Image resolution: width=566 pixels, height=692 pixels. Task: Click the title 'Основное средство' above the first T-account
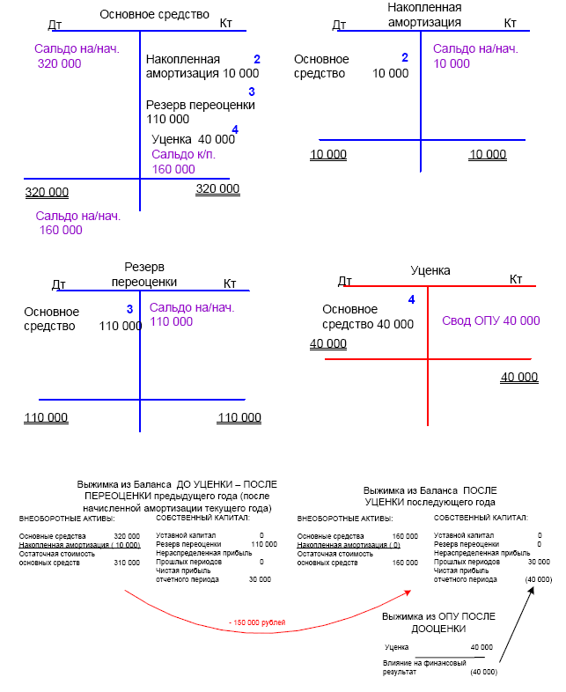point(155,14)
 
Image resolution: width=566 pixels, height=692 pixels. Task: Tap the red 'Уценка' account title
point(430,271)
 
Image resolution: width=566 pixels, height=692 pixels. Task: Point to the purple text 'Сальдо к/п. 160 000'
point(183,161)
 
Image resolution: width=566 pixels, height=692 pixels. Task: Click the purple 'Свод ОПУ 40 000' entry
point(490,321)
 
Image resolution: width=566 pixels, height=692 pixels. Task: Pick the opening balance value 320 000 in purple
point(60,63)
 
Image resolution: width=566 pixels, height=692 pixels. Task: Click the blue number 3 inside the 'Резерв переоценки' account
point(129,309)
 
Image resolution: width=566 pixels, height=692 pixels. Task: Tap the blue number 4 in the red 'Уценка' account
point(410,300)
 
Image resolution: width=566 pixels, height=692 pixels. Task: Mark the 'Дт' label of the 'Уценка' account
point(345,281)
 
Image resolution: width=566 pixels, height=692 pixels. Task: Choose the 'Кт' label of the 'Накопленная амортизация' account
point(510,23)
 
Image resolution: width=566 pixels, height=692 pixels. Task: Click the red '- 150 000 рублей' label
point(257,622)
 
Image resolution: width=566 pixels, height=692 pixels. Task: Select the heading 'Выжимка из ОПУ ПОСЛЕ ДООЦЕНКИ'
point(432,624)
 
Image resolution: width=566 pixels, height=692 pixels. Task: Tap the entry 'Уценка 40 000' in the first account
point(193,139)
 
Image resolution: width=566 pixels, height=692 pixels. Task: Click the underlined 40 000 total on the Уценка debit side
point(328,344)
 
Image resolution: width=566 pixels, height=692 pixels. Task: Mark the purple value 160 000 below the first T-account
point(61,231)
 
